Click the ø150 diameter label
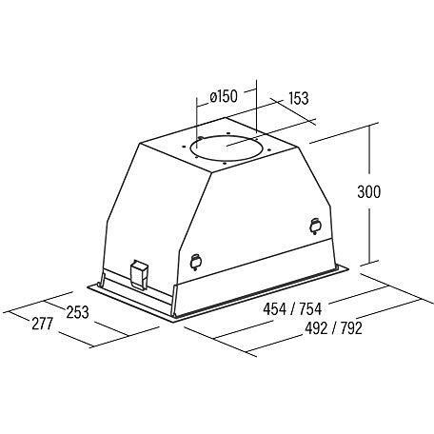(x=224, y=96)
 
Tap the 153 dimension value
(x=299, y=98)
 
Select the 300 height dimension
(x=368, y=191)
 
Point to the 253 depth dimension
(x=77, y=312)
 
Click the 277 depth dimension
(x=42, y=324)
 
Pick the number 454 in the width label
(x=274, y=309)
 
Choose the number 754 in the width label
(x=310, y=309)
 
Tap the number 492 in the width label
(x=316, y=328)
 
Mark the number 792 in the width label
(x=351, y=328)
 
